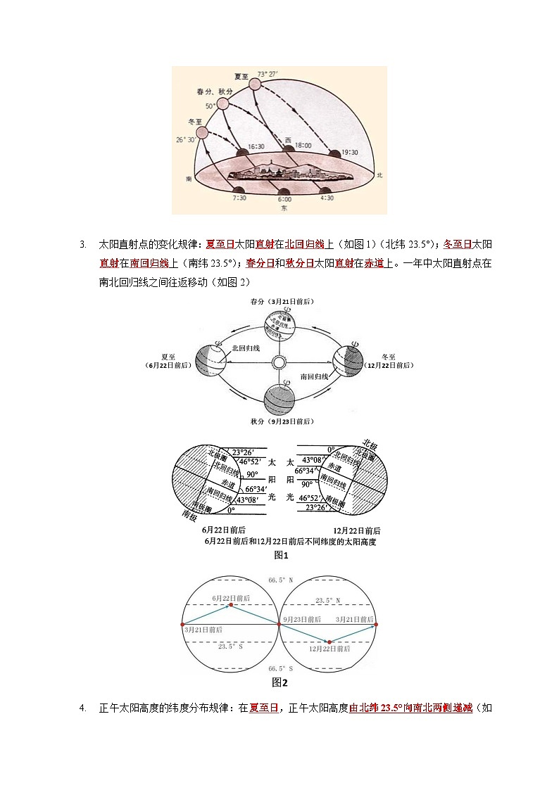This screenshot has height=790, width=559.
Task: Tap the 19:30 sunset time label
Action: click(349, 151)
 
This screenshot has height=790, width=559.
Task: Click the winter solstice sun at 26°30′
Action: click(202, 132)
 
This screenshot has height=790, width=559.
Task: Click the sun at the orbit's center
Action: click(279, 362)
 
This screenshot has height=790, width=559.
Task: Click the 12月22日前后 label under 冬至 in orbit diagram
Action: click(389, 366)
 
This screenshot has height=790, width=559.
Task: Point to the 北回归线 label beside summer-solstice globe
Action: click(246, 348)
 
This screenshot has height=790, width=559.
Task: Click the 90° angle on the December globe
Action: click(307, 484)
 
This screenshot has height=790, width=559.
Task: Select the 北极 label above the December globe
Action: click(370, 444)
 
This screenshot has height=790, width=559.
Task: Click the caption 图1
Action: click(281, 555)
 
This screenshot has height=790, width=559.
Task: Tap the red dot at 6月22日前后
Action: click(230, 605)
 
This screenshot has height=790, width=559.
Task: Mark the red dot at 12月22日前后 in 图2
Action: click(329, 641)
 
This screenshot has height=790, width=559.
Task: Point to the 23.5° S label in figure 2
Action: click(231, 646)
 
